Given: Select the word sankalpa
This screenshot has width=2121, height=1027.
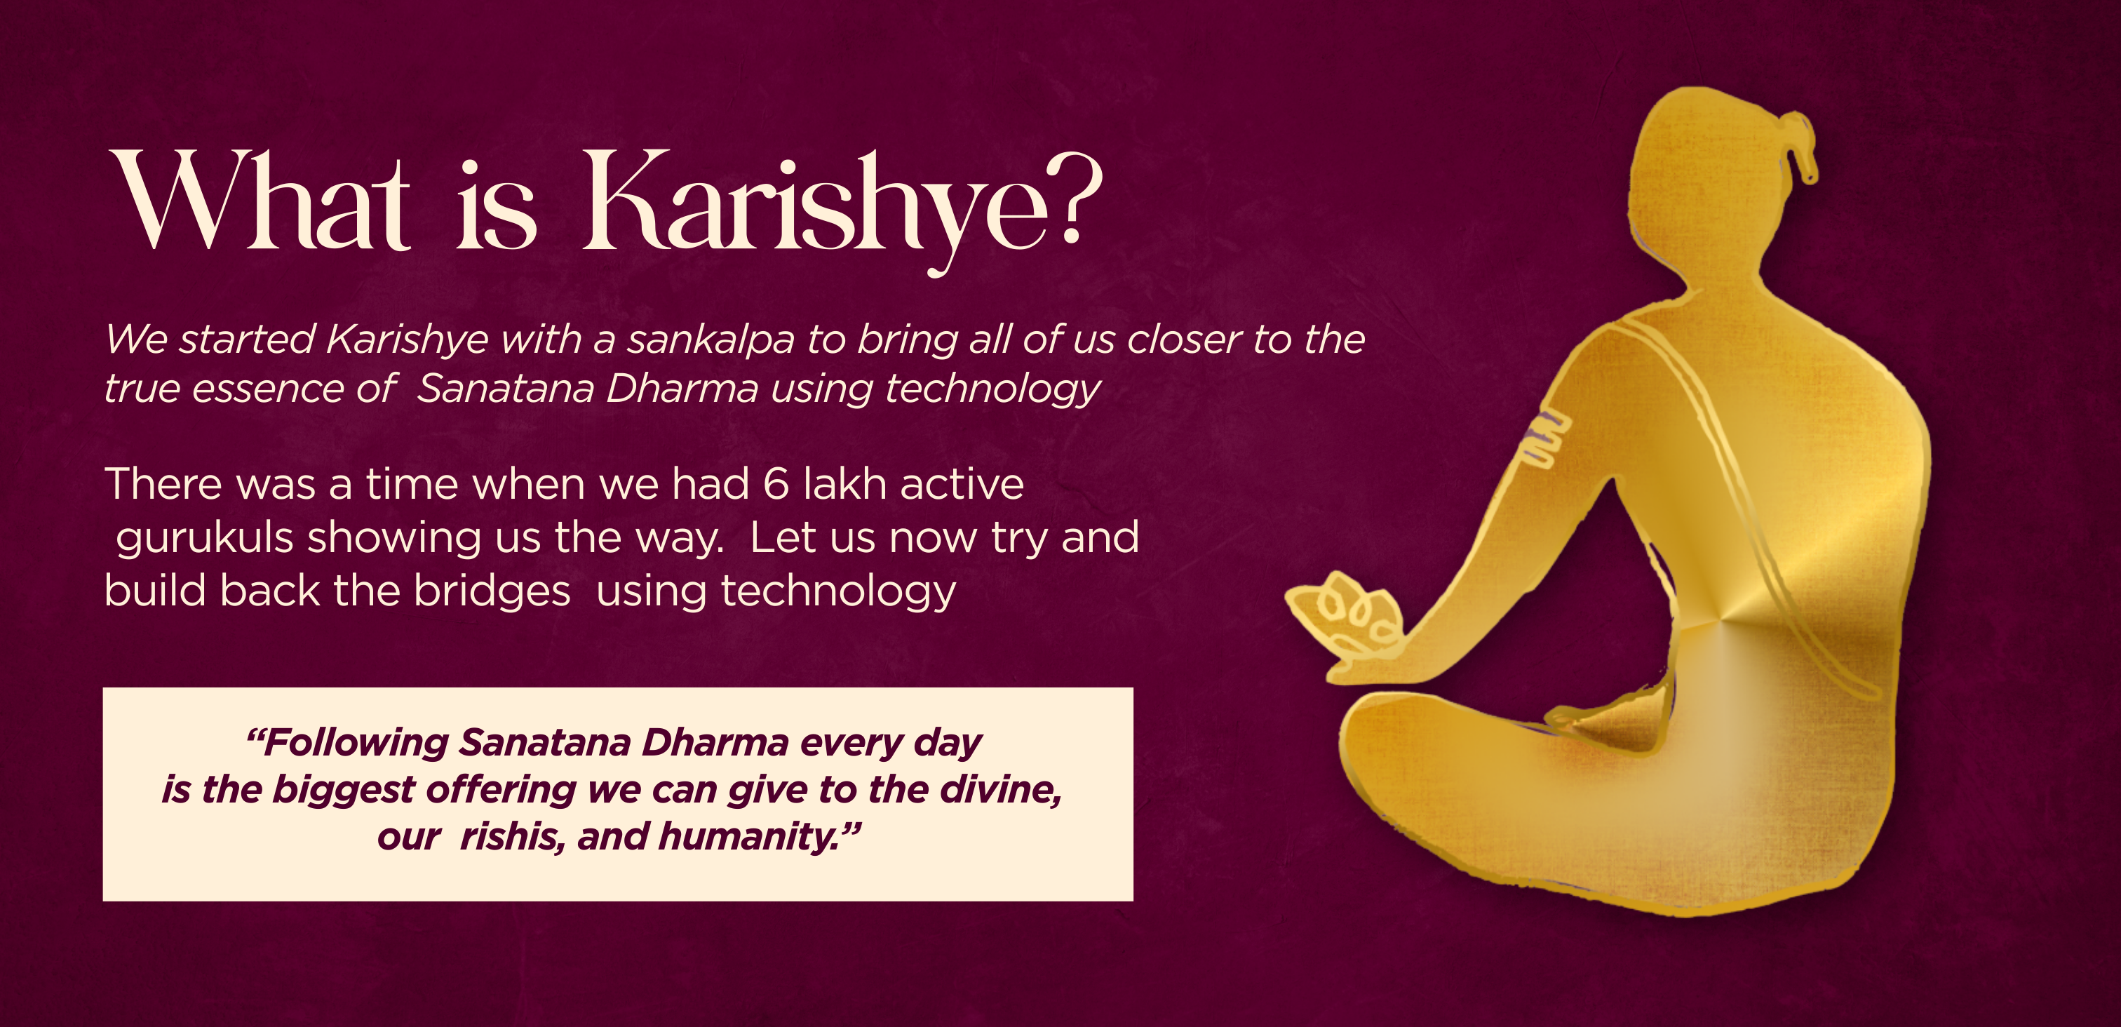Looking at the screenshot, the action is (711, 340).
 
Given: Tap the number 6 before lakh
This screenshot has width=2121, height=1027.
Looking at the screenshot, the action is (776, 484).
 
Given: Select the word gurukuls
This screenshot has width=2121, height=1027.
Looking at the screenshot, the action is (205, 539).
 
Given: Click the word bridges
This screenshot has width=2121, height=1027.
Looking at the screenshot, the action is (492, 591).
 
